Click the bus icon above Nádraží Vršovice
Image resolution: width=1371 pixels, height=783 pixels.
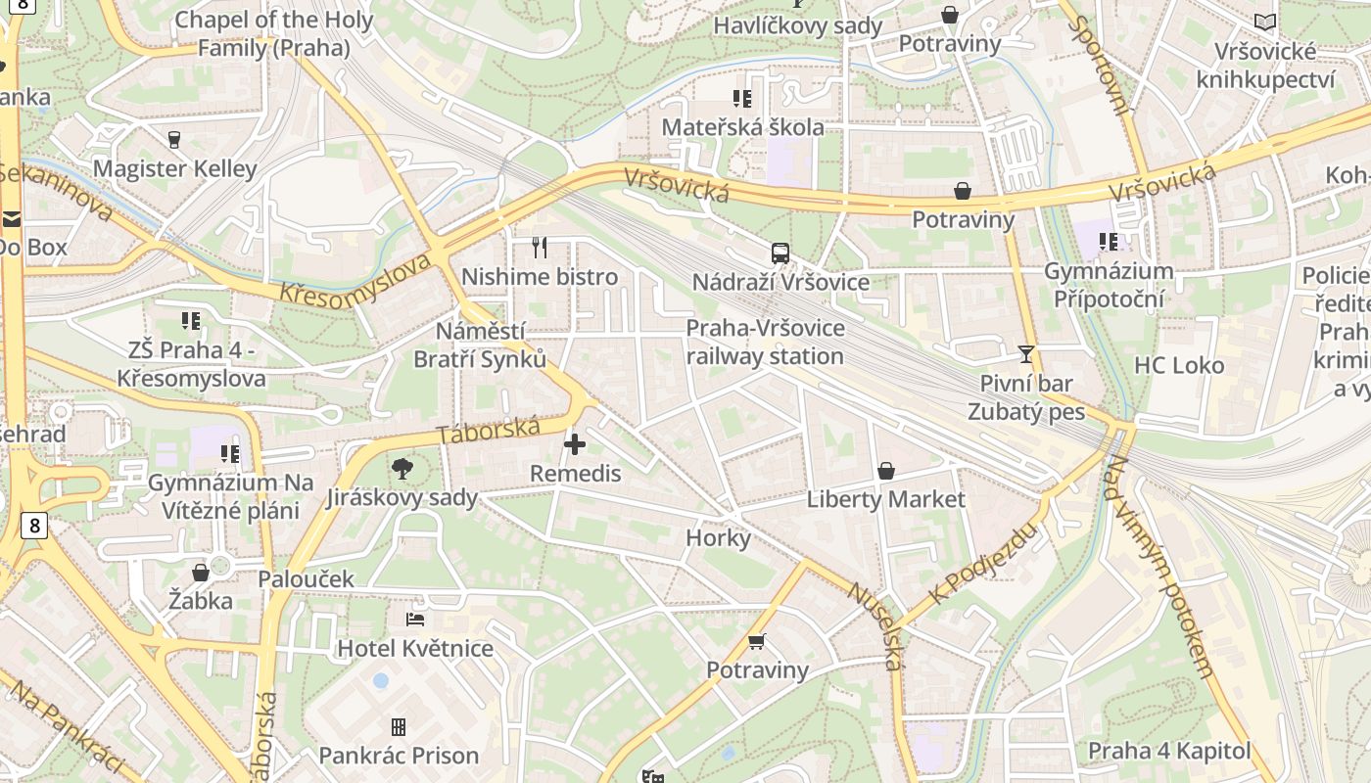point(780,253)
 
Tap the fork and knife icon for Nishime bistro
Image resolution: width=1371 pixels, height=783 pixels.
point(539,247)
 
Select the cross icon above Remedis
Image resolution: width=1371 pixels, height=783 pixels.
point(575,445)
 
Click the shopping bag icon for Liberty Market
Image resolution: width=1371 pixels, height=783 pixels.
point(885,471)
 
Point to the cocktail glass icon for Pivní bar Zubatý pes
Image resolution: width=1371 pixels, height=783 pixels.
point(1026,353)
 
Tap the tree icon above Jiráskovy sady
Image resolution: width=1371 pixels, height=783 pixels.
point(402,469)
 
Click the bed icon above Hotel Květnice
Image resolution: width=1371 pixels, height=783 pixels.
point(415,620)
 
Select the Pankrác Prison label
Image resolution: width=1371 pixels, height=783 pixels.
point(399,756)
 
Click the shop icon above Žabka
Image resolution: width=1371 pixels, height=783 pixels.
point(201,572)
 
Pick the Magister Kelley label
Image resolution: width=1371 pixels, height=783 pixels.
point(174,168)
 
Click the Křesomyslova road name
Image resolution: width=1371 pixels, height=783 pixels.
point(355,280)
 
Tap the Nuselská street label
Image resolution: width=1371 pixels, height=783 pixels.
point(874,626)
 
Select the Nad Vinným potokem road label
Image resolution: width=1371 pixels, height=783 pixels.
point(1159,568)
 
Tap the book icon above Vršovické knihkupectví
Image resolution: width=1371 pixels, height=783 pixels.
point(1265,22)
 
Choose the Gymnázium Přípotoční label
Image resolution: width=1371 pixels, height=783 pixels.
point(1109,285)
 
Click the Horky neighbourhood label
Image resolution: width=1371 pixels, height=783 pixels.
point(718,537)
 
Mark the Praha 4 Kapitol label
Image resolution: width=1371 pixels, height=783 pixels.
point(1169,752)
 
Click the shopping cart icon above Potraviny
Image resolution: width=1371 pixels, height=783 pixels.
point(756,642)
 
